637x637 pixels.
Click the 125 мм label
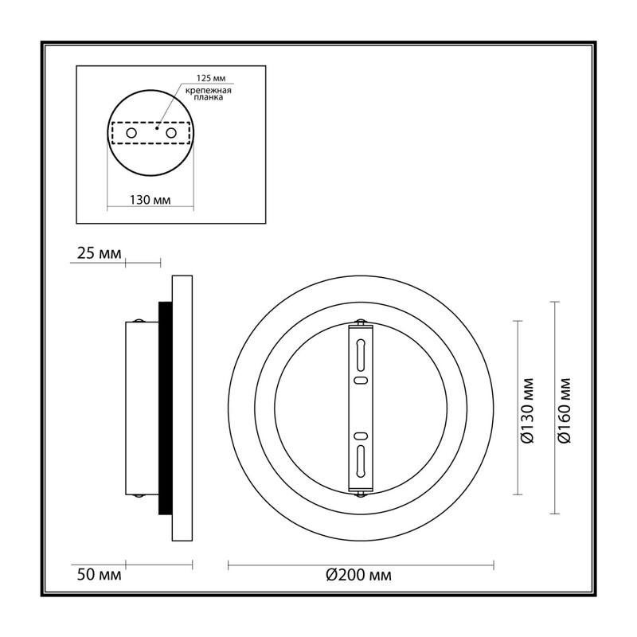point(211,78)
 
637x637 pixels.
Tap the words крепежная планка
point(209,94)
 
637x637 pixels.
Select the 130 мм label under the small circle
point(150,200)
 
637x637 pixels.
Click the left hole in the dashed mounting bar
point(131,133)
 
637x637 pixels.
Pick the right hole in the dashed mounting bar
point(171,133)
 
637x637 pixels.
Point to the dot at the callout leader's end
point(157,128)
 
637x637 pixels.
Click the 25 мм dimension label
point(99,253)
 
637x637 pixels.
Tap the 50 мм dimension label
point(99,575)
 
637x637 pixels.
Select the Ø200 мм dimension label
point(359,575)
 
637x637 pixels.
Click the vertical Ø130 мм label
point(528,411)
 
